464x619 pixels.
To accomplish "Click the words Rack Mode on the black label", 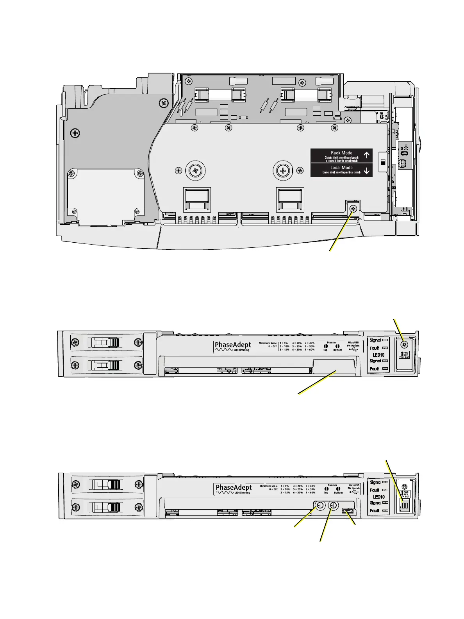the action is tap(341, 153).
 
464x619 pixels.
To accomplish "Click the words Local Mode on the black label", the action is tap(341, 168).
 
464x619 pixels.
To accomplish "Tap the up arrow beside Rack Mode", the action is tap(366, 156).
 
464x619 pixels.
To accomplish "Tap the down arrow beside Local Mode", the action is tap(366, 170).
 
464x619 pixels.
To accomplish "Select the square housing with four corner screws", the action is tap(105, 194).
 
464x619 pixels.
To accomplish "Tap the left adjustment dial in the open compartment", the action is tap(320, 505).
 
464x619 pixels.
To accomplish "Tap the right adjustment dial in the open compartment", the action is tap(333, 505).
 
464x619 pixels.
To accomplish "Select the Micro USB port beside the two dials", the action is tap(347, 511).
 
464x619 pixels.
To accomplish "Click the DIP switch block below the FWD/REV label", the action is tap(405, 506).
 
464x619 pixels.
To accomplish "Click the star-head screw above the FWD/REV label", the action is tap(405, 344).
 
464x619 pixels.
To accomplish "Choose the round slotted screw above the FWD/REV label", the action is tap(405, 487).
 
